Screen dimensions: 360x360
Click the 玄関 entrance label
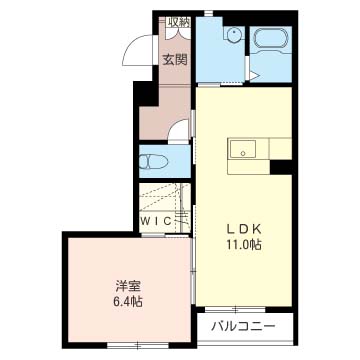click(175, 60)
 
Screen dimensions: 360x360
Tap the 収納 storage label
click(178, 22)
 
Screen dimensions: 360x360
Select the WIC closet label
click(156, 220)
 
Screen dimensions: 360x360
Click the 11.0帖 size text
click(245, 245)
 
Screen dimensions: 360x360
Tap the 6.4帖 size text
click(129, 302)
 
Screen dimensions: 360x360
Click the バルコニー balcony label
click(244, 326)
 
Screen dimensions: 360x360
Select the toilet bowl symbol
click(153, 162)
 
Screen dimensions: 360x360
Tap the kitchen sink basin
click(243, 149)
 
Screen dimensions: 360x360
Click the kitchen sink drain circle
click(243, 154)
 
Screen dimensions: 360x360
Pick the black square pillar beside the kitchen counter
click(281, 167)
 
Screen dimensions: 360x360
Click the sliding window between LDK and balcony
click(235, 309)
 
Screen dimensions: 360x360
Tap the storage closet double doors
click(178, 34)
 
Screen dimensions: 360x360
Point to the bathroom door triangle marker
click(254, 76)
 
